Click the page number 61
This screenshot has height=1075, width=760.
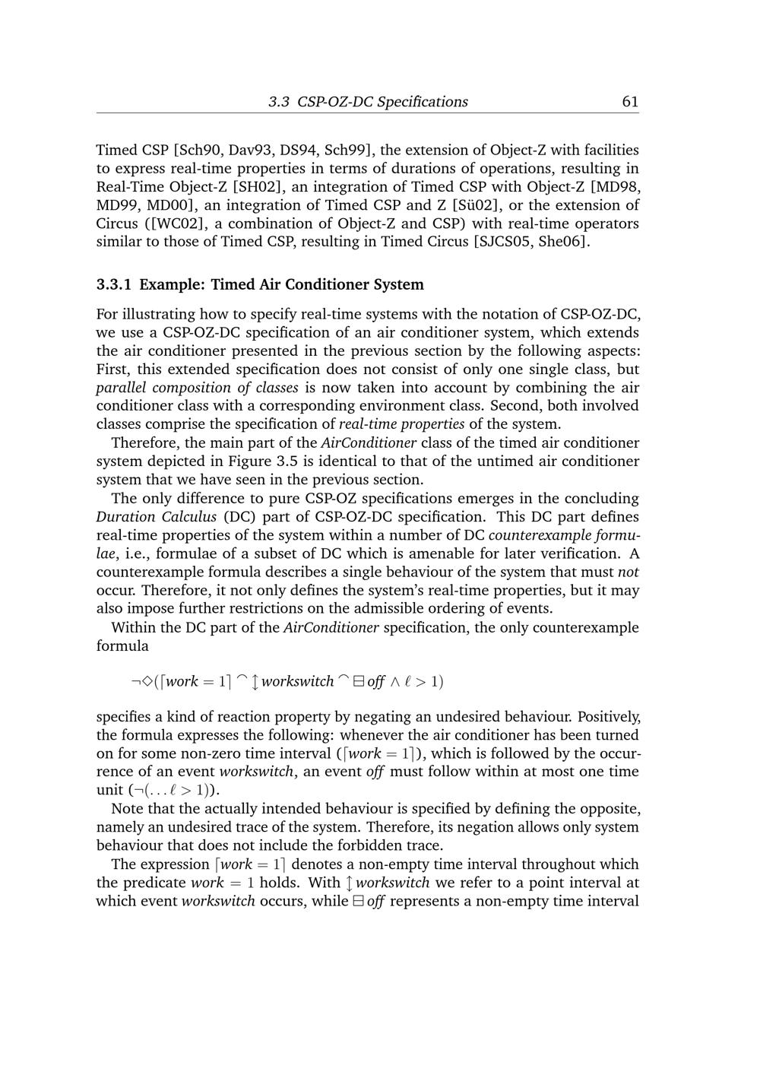click(629, 102)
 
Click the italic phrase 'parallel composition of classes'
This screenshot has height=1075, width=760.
click(197, 388)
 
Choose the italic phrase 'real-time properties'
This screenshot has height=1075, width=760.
click(401, 424)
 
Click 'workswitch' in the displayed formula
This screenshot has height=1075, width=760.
click(297, 681)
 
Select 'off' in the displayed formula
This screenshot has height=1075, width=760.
click(375, 681)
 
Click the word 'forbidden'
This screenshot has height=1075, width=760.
click(365, 845)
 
